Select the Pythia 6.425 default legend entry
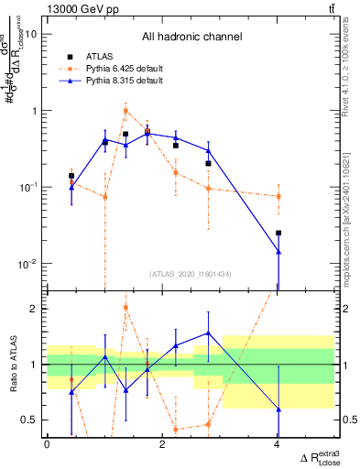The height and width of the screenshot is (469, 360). [124, 68]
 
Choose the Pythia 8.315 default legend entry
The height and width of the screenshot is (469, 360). [124, 81]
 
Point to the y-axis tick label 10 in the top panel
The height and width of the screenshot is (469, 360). [31, 34]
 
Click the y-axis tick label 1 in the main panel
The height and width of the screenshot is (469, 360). [34, 111]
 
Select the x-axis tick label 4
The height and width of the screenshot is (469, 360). [278, 444]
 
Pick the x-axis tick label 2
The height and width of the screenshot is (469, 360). [162, 444]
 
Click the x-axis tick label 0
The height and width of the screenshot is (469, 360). [47, 444]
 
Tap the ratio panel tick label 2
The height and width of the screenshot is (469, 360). [34, 309]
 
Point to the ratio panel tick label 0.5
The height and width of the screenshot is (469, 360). [29, 420]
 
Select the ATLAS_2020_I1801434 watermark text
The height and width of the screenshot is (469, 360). [191, 274]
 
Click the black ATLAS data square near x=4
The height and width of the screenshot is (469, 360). [278, 233]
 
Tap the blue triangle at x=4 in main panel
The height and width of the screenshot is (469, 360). [278, 251]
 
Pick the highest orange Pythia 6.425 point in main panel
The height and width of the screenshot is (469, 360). [125, 112]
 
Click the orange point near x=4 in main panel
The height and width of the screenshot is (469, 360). [278, 196]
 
